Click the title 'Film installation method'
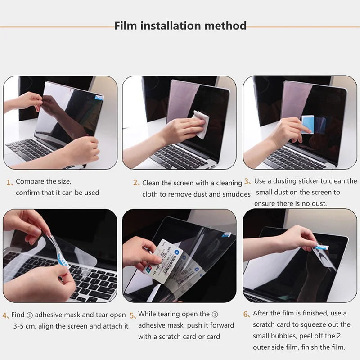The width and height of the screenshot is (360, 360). click(180, 26)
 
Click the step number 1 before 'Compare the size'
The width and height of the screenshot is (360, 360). click(9, 183)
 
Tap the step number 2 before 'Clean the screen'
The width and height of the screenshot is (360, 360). click(135, 183)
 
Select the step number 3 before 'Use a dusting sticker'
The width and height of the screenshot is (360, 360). click(247, 181)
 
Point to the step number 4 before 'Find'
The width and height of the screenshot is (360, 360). click(5, 315)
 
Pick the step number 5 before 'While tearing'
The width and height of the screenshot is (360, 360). click(132, 315)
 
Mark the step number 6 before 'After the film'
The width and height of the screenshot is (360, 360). click(246, 314)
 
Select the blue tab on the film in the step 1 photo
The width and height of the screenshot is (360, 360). click(99, 97)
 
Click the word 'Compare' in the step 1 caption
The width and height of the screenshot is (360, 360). click(29, 181)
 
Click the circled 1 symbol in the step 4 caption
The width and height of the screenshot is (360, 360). click(30, 315)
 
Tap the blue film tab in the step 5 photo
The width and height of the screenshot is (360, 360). click(227, 234)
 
